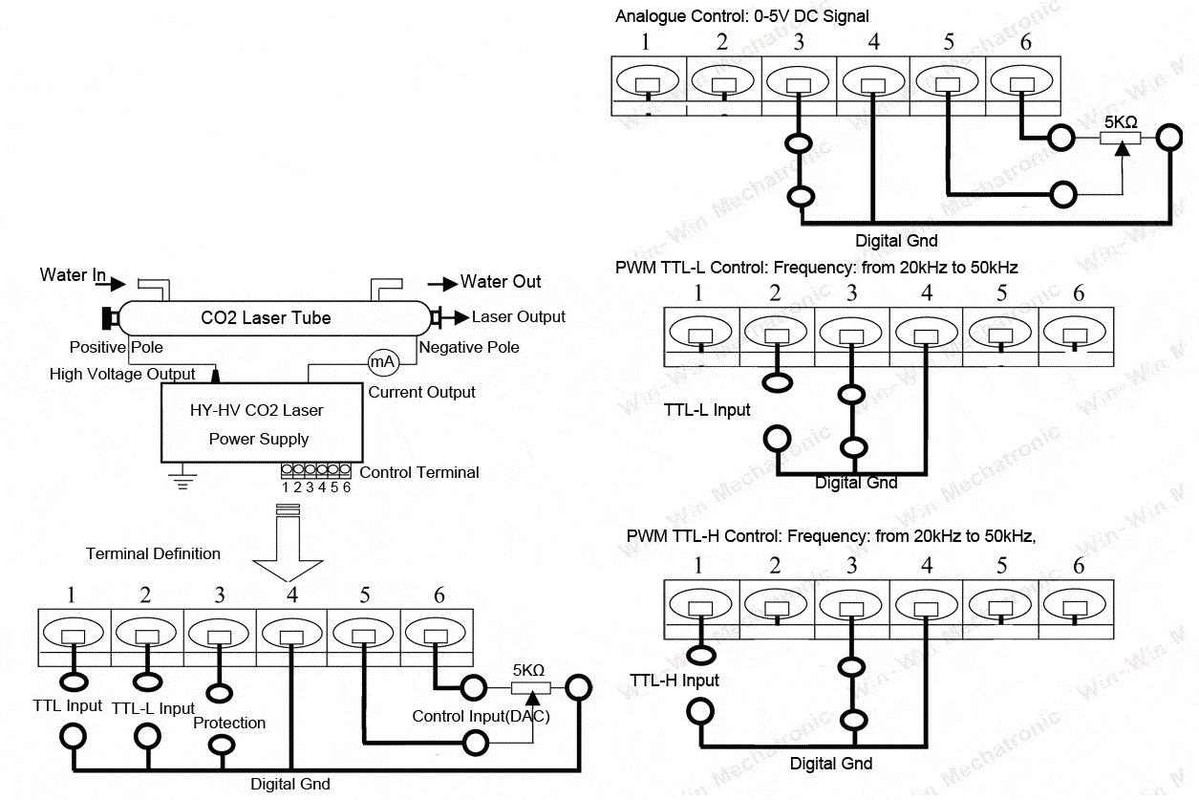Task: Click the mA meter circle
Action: point(382,362)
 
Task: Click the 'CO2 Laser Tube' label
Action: point(266,318)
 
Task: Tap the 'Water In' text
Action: point(73,275)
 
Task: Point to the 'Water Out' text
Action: point(501,282)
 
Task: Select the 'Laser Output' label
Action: point(519,317)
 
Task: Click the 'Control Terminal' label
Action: point(419,472)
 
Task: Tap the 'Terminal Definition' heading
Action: point(153,553)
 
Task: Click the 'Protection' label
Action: point(229,723)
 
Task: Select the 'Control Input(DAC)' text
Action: point(482,716)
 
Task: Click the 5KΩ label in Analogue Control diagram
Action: point(1121,122)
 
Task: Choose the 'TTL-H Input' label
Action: point(674,681)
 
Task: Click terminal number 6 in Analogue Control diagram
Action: point(1026,42)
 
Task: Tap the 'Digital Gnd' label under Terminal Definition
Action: point(290,785)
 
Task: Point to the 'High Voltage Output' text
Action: point(122,375)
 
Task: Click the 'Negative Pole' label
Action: point(469,347)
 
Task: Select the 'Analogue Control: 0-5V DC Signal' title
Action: point(742,16)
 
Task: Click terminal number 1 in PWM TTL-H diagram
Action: point(698,566)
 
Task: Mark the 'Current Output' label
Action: point(422,392)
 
